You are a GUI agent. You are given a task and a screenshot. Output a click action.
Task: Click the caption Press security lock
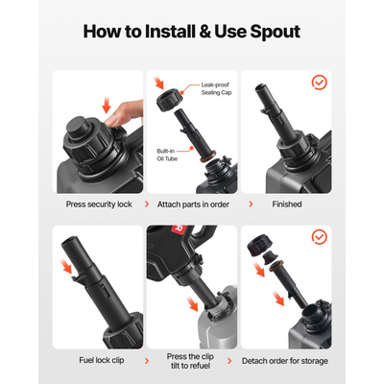(99, 204)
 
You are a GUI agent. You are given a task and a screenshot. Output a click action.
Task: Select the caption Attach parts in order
(193, 204)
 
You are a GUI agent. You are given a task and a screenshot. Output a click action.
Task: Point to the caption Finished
(287, 204)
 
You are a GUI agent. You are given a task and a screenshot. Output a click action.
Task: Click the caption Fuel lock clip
(102, 360)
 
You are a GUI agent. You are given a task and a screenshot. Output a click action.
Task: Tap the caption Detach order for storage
(285, 361)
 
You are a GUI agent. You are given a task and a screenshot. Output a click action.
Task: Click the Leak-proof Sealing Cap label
(216, 88)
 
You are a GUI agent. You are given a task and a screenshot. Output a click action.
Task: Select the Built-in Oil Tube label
(167, 155)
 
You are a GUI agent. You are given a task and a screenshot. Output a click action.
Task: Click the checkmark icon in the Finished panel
(319, 83)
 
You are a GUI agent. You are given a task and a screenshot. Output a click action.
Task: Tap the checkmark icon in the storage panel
(319, 237)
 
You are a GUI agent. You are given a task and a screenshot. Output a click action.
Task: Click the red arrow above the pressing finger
(107, 105)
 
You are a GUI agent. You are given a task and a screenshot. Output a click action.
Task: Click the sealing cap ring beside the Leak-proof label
(169, 100)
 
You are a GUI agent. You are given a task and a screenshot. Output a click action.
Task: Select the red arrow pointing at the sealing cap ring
(158, 83)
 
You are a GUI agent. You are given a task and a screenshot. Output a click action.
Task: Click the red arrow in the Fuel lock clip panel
(67, 267)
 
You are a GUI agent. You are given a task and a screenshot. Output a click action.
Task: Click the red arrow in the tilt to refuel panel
(193, 304)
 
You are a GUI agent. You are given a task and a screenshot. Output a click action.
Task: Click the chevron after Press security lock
(147, 204)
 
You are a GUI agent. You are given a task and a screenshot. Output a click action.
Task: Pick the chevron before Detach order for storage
(229, 361)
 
